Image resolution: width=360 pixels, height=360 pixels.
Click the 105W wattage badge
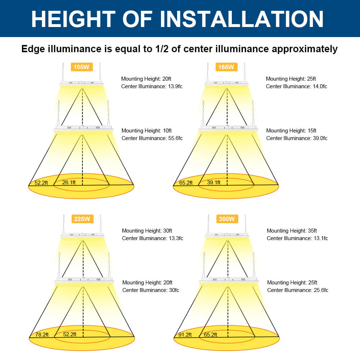(x=82, y=67)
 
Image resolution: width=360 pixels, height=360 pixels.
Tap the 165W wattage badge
(x=226, y=67)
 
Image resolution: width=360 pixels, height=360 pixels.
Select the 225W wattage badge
(x=82, y=219)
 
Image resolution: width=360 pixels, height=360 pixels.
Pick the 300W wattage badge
(x=227, y=219)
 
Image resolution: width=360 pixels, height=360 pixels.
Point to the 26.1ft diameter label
(x=69, y=183)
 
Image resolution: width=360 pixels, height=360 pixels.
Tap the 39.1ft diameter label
(x=214, y=183)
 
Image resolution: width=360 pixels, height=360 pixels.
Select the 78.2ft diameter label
(x=42, y=334)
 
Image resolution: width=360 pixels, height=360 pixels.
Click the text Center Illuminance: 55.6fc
(x=152, y=138)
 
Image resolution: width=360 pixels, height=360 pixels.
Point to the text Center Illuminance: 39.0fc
(x=297, y=138)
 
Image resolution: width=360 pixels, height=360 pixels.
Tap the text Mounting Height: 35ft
(x=292, y=231)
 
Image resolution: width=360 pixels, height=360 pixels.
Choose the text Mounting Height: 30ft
(x=147, y=231)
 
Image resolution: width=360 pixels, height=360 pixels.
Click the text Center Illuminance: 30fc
(x=150, y=290)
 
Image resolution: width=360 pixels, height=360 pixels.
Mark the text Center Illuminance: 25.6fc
(x=297, y=290)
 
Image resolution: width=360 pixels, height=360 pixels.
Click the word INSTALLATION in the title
(x=242, y=19)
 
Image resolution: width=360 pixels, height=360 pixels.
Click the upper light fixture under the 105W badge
(x=82, y=84)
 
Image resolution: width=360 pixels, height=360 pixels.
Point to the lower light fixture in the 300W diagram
(x=228, y=280)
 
